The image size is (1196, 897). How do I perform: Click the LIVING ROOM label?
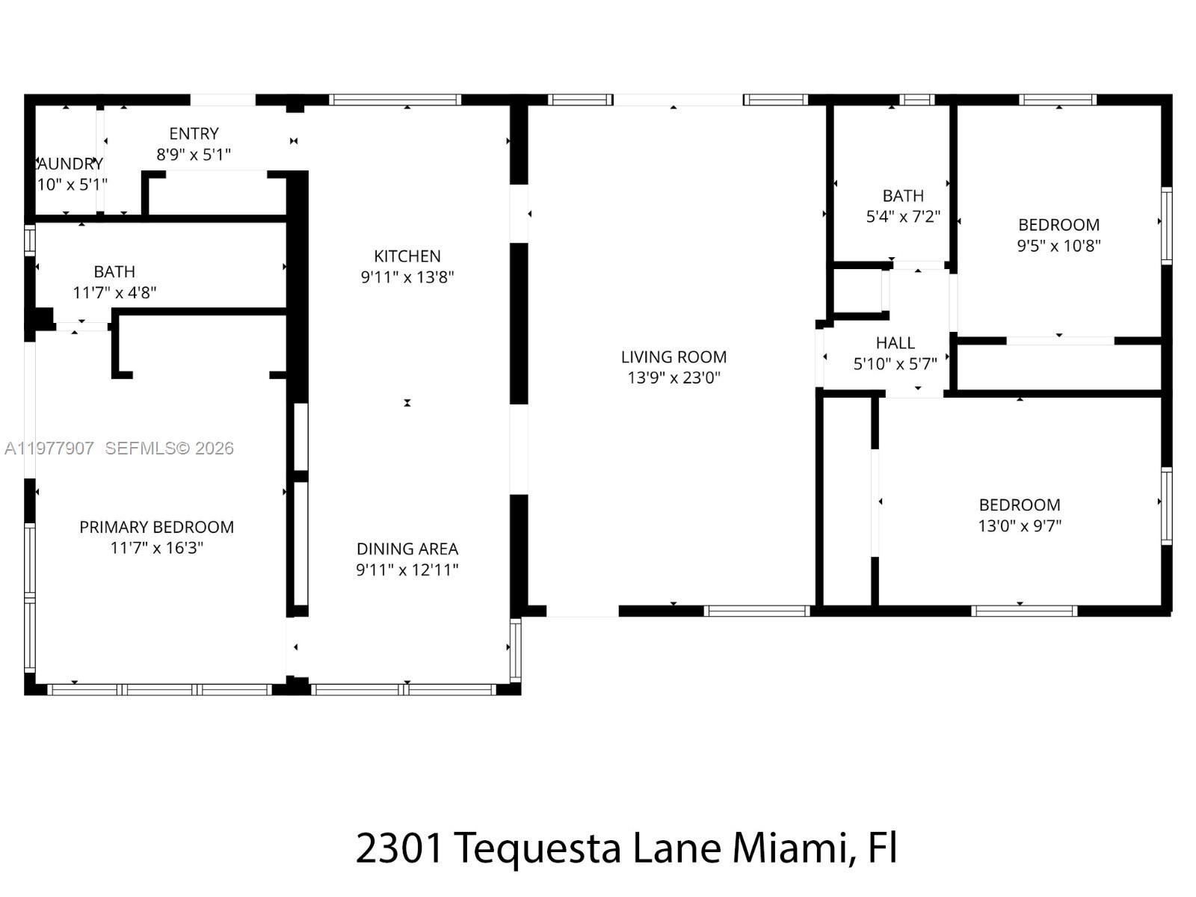coord(673,357)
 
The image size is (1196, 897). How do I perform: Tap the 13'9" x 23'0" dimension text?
coord(673,377)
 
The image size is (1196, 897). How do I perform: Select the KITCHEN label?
coord(407,256)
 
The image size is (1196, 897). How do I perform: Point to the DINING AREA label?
coord(407,549)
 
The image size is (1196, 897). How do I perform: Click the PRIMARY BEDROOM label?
coord(156,527)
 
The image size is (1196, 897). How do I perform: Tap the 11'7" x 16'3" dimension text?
coord(156,548)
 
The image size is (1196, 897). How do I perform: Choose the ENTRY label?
coord(194,134)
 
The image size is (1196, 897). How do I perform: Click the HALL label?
coord(896,343)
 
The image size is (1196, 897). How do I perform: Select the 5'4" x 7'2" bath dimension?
coord(903,217)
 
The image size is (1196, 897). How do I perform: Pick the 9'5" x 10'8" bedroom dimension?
coord(1058,246)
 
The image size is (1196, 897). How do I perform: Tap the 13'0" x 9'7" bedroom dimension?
coord(1020,525)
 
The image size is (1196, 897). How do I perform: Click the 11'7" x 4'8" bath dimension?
coord(114,293)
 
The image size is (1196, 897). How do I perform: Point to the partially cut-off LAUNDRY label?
coord(70,164)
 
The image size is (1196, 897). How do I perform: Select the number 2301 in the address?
coord(398,848)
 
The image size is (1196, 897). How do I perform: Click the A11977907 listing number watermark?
coord(49,449)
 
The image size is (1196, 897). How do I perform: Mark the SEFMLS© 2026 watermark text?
coord(169,449)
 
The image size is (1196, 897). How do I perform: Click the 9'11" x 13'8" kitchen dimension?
coord(407,277)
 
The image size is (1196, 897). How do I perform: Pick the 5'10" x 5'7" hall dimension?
coord(896,364)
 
